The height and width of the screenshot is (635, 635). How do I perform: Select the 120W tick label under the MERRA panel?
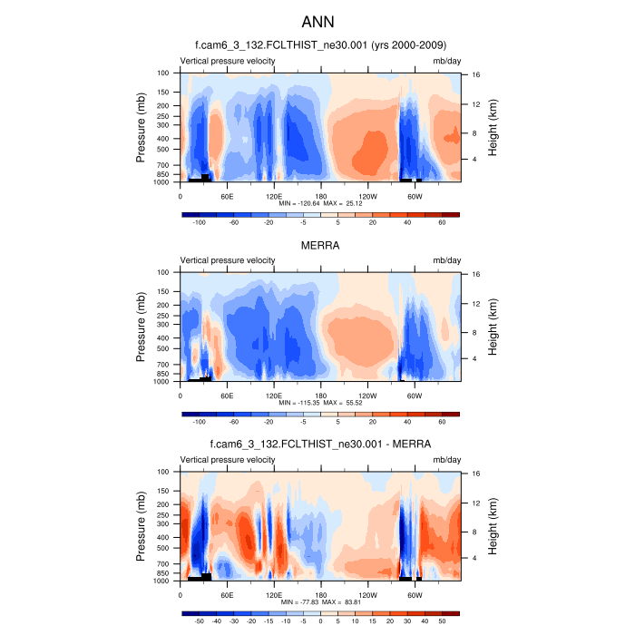[368, 395]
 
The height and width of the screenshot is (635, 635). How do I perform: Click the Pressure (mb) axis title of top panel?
[142, 127]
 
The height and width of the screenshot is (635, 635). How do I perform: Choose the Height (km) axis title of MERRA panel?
[493, 327]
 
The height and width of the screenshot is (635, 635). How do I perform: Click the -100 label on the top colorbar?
[200, 221]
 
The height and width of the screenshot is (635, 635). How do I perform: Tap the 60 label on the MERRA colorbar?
[442, 421]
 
